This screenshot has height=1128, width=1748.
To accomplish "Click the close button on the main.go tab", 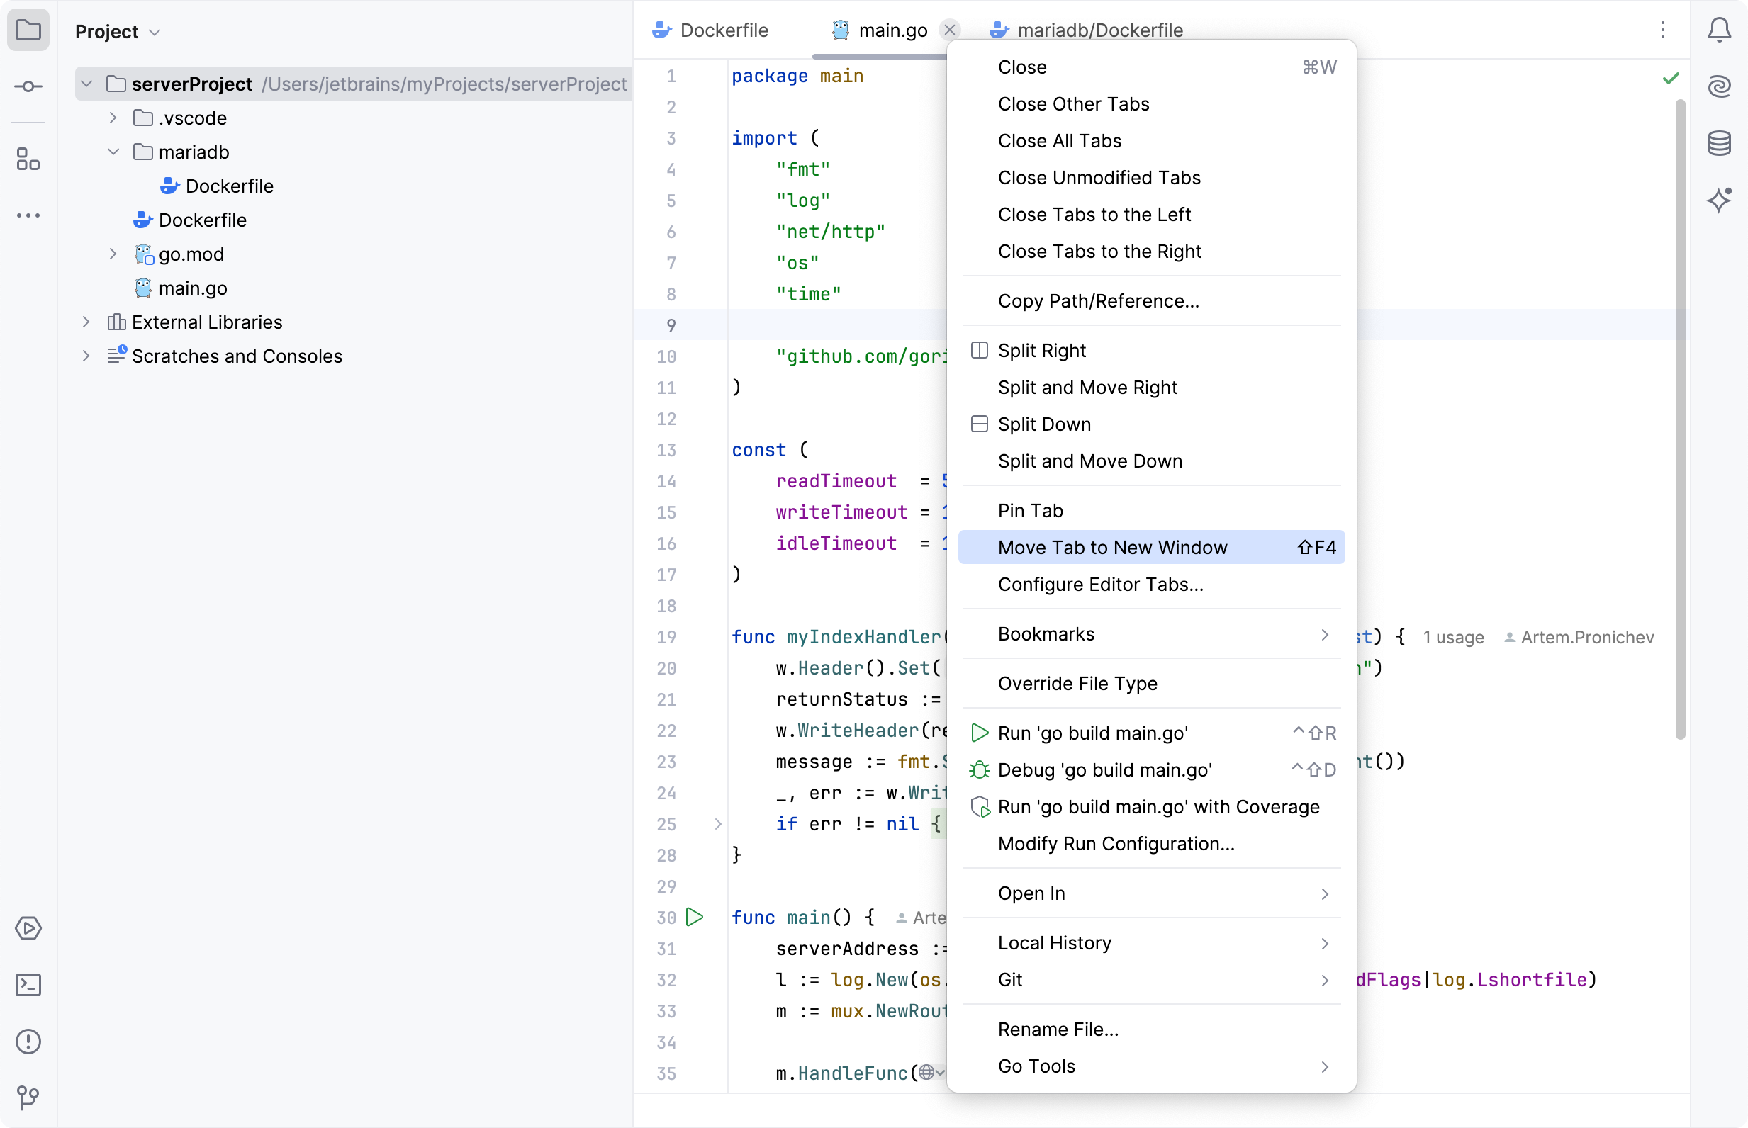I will click(x=949, y=30).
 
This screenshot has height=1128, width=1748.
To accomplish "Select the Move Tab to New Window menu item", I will click(x=1111, y=547).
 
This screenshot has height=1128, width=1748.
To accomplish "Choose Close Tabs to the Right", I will click(x=1099, y=252).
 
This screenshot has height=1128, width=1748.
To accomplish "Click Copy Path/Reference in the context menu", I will click(x=1097, y=301).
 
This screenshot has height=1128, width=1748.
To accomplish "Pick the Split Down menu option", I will click(x=1043, y=424).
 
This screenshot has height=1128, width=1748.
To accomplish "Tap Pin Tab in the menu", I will click(x=1029, y=511).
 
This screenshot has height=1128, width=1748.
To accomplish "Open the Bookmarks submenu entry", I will click(x=1046, y=633).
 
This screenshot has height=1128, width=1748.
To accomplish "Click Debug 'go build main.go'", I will click(x=1104, y=769).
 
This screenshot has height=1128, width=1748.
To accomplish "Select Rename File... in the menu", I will click(x=1057, y=1029).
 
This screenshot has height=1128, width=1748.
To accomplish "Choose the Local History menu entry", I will click(x=1053, y=942).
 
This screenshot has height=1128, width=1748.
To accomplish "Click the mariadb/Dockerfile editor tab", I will click(x=1099, y=30).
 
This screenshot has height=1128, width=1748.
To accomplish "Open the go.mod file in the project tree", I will click(x=191, y=254).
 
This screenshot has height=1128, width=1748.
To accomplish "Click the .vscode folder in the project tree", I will click(x=192, y=118).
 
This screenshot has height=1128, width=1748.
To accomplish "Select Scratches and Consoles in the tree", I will click(x=236, y=356).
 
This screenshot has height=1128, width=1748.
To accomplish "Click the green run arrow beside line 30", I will click(x=695, y=917).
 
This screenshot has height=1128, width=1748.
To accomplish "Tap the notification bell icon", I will click(x=1719, y=30).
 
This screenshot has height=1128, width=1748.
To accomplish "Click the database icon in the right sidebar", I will click(x=1719, y=143).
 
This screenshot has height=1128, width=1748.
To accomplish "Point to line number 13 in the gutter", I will click(x=666, y=450).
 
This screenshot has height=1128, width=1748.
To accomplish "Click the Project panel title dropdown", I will click(x=117, y=31).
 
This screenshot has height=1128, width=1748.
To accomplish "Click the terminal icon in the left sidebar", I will click(x=28, y=985).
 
